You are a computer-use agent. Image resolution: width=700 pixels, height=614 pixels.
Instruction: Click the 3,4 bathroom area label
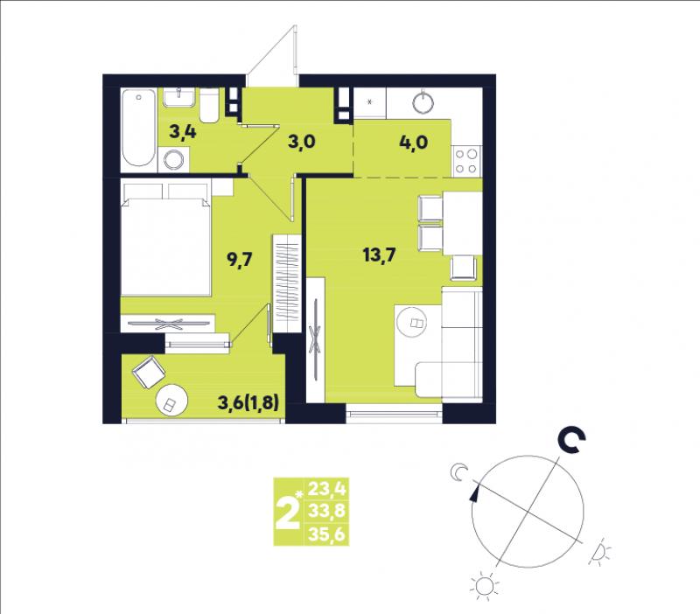[183, 132]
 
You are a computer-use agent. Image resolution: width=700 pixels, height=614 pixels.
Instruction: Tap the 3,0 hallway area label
[302, 142]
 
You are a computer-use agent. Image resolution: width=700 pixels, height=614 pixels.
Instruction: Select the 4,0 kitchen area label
[414, 142]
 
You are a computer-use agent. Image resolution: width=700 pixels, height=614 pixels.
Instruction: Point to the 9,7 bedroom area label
[240, 259]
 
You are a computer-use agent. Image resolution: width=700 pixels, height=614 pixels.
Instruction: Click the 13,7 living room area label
[380, 255]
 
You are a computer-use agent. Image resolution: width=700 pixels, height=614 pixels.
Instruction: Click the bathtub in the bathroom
[139, 128]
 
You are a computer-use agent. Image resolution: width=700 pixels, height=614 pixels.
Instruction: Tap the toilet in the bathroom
[209, 105]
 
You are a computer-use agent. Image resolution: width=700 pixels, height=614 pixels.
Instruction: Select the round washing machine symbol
[173, 160]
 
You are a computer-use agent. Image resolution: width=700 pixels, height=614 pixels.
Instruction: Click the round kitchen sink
[423, 102]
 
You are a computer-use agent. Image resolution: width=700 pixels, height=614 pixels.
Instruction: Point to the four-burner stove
[466, 161]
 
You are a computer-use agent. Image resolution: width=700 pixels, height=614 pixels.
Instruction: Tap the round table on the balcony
[171, 401]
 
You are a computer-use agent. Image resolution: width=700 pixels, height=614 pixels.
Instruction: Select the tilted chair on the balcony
[149, 372]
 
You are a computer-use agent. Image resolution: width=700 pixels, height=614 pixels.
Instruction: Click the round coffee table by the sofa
[411, 322]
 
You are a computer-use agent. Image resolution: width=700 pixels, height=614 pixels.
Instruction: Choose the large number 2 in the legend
[287, 513]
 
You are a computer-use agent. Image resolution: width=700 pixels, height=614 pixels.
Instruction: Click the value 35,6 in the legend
[326, 534]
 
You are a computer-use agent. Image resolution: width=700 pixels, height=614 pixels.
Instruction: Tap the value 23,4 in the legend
[326, 489]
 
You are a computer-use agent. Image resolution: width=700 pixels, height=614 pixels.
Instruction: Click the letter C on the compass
[572, 441]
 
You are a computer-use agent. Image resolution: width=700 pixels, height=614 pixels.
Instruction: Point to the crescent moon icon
[458, 472]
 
